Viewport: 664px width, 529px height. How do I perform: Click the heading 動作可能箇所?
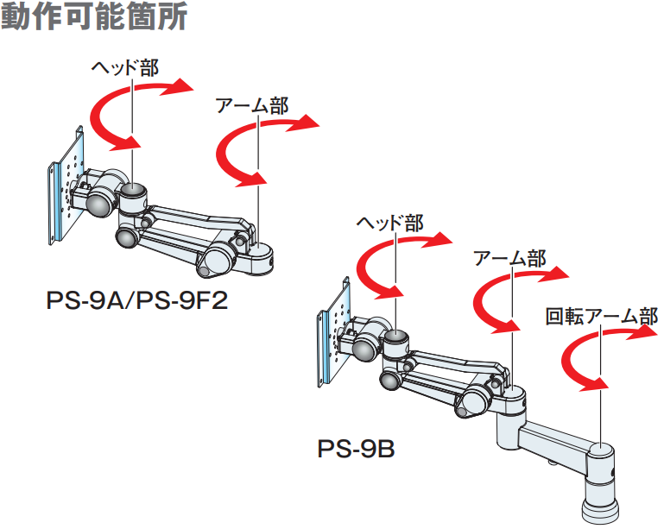(94, 17)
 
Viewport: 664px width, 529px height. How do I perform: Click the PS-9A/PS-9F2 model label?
(136, 303)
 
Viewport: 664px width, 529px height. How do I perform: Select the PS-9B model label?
(355, 450)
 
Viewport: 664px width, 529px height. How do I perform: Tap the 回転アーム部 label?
(601, 317)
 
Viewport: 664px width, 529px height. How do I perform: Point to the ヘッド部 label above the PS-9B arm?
(390, 223)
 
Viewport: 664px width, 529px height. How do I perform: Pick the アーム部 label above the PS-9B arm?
(509, 258)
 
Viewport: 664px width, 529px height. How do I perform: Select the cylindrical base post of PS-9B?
(601, 483)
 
